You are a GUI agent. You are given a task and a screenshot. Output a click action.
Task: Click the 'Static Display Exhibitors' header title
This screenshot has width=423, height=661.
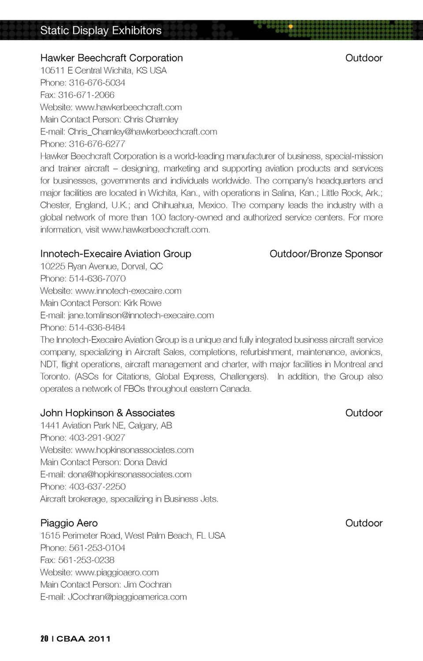(101, 30)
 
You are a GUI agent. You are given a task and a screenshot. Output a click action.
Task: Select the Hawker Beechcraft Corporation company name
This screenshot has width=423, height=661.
(111, 58)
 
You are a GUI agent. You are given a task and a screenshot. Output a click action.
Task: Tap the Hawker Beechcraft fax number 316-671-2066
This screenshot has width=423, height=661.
(86, 95)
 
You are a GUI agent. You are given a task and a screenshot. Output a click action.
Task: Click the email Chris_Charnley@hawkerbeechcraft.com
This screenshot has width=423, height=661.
(142, 132)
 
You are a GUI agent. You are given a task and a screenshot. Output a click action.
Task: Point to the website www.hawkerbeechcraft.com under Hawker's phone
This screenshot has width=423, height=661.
(128, 107)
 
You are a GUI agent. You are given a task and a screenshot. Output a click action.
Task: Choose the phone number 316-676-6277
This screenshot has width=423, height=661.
(97, 144)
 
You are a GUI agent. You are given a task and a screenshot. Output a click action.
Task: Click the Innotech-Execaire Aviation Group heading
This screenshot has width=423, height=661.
(115, 254)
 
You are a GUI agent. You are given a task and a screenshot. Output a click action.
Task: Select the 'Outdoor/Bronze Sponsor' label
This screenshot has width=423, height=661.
(326, 254)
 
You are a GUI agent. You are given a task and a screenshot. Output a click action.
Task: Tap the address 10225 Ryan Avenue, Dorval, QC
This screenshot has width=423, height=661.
(101, 266)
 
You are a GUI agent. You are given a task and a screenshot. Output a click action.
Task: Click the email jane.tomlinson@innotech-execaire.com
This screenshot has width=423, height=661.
(141, 316)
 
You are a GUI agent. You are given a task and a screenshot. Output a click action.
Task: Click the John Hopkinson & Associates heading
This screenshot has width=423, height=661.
(108, 413)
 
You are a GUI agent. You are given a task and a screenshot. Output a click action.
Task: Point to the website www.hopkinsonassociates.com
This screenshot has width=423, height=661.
(134, 450)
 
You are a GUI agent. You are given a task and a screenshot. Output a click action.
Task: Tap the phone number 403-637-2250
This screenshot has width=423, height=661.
(97, 487)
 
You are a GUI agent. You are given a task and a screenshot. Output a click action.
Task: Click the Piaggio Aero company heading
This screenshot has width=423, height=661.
(69, 523)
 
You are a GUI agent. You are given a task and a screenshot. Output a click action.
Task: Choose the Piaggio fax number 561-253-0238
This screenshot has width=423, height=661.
(86, 560)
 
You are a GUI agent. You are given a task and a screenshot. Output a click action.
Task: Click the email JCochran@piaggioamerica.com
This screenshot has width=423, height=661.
(127, 597)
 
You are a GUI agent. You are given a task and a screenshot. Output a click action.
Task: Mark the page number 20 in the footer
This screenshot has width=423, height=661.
(44, 639)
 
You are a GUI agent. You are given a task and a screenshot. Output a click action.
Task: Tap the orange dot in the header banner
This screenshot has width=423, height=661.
(290, 27)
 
